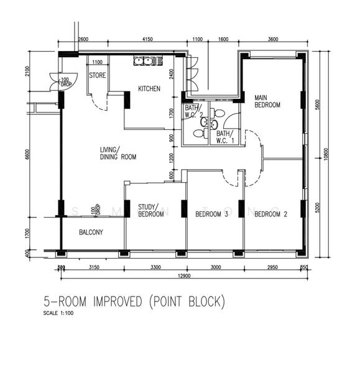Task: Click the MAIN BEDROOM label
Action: pos(267,101)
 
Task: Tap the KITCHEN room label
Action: pos(149,89)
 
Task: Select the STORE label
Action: pos(97,75)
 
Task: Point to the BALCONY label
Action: pos(91,233)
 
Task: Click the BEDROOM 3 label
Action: pos(211,214)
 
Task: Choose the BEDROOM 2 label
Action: pos(271,214)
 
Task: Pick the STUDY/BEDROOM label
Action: pos(151,211)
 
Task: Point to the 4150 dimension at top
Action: pos(147,40)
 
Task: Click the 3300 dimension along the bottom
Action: pos(155,267)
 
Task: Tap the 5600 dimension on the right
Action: pos(316,106)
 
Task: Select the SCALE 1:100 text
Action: pos(59,313)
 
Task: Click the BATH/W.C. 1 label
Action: pos(224,136)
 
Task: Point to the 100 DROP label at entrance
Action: pos(64,81)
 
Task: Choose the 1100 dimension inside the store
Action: pos(97,62)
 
